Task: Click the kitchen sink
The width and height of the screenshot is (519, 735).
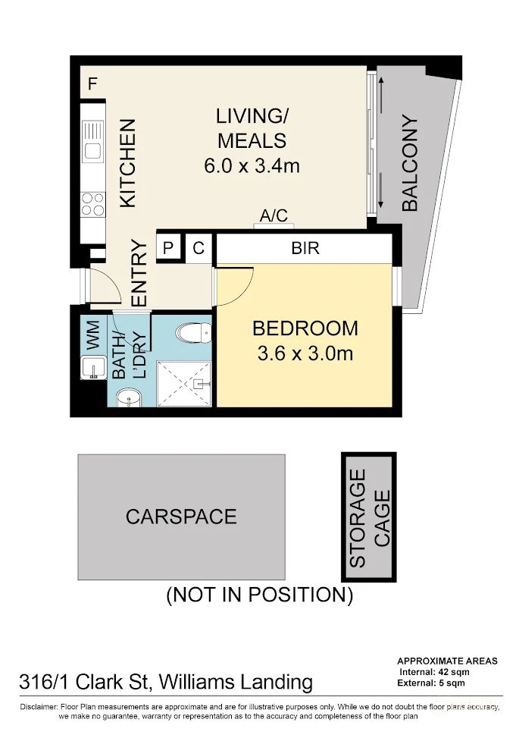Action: click(x=92, y=142)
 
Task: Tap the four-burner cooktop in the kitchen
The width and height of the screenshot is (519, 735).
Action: click(x=92, y=204)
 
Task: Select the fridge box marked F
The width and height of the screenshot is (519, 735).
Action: click(x=92, y=83)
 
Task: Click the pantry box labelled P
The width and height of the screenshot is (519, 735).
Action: click(x=167, y=247)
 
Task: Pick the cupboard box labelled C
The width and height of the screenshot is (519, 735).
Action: click(x=199, y=247)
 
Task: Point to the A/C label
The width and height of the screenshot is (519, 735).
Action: click(x=274, y=215)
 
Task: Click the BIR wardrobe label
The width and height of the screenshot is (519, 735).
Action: click(x=305, y=248)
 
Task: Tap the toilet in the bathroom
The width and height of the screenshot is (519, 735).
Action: click(x=193, y=333)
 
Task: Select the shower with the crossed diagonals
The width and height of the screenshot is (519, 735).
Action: click(x=183, y=384)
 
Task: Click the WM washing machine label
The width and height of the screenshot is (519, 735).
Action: click(x=94, y=335)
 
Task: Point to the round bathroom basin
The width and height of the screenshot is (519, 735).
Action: click(x=126, y=398)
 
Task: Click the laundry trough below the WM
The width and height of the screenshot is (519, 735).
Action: click(x=93, y=367)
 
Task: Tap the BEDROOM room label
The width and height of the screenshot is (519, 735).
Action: click(x=305, y=328)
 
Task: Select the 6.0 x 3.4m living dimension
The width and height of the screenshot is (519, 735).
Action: click(x=252, y=165)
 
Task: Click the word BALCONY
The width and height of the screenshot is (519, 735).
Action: click(x=409, y=162)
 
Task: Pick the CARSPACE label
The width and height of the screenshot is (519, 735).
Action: click(x=181, y=517)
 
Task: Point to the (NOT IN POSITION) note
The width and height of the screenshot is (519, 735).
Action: click(x=259, y=595)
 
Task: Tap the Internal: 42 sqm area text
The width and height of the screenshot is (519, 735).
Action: click(x=434, y=672)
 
